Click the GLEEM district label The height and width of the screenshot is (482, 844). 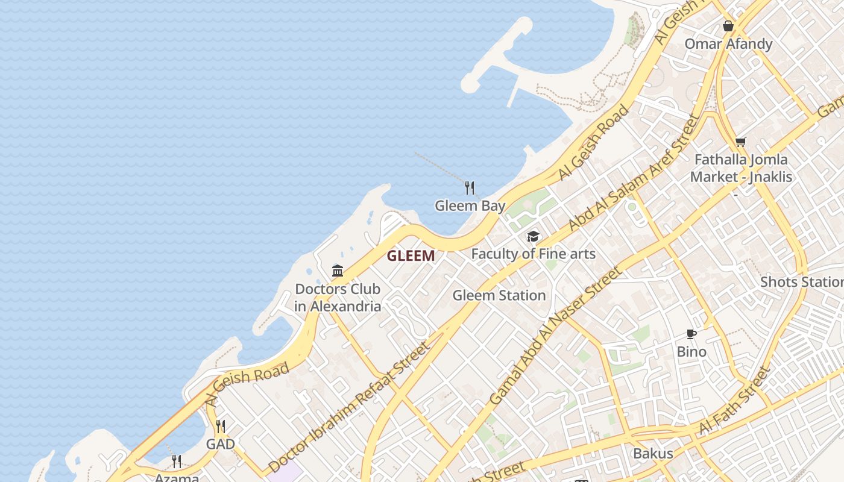pos(411,256)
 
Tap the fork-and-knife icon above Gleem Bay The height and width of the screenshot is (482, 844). pos(470,188)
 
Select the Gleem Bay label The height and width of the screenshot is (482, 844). pos(470,206)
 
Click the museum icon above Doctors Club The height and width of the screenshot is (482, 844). pos(338,271)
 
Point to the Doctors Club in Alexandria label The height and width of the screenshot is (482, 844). pos(338,298)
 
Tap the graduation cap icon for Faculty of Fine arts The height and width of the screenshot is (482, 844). pos(533,236)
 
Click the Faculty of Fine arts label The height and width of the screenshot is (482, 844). pos(533,254)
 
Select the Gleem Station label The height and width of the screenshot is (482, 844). pos(499,296)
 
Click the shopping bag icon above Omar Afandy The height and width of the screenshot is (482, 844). pos(728,27)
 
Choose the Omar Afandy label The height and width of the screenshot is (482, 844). pos(728,44)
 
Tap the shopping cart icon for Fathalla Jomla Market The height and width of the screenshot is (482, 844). pos(740,142)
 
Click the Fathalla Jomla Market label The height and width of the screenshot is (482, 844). pos(741,168)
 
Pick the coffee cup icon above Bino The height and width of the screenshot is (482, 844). pos(691,334)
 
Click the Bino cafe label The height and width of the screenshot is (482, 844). pos(691,352)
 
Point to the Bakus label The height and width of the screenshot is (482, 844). pos(652,454)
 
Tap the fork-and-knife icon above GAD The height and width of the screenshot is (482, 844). pos(221,427)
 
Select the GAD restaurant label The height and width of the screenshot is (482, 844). pos(221,445)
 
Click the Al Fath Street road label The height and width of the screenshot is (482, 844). pos(735,401)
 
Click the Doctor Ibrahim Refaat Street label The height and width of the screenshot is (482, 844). pos(350,407)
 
